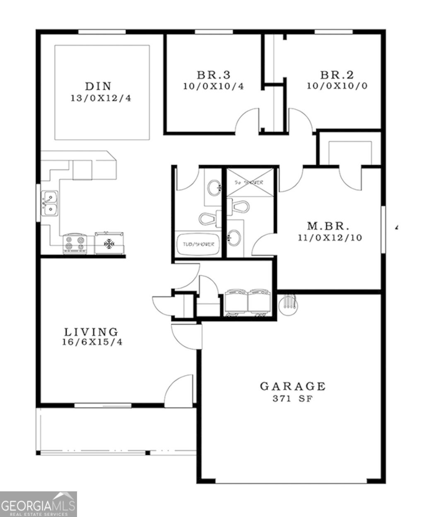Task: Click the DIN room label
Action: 98,86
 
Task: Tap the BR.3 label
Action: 213,75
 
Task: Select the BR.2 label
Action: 337,75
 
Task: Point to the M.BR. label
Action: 328,226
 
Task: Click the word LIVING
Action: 92,332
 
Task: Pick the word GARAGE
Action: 293,386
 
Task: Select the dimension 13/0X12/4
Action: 101,99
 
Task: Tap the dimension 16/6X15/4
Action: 92,343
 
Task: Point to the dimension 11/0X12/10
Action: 330,238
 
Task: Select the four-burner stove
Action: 75,243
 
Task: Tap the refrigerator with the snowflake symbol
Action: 109,243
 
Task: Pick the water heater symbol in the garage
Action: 288,304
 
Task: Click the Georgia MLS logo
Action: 38,504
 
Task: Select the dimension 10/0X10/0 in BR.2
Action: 337,86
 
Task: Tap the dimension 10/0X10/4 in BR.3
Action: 214,86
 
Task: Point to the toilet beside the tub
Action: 210,218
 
